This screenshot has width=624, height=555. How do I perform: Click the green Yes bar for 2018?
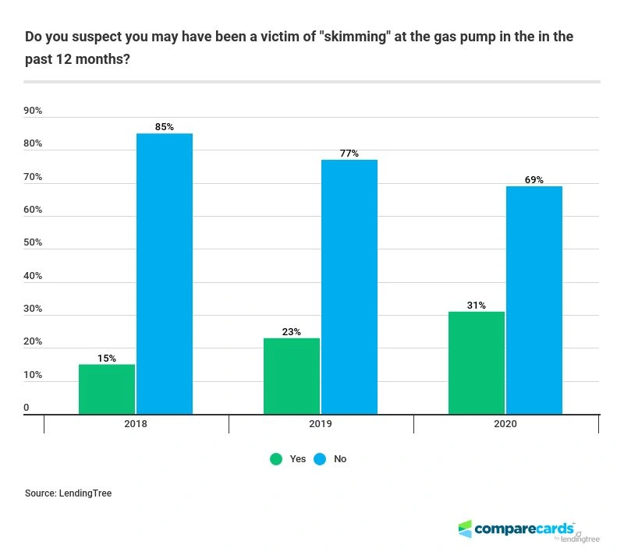[x=107, y=389]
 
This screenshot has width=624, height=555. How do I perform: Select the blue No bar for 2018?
[x=165, y=274]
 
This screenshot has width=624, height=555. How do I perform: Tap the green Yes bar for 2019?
[x=292, y=376]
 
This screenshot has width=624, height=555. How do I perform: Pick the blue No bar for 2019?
[x=349, y=287]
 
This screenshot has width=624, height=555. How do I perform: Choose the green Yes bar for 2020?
[x=477, y=362]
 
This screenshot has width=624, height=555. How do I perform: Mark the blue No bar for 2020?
[x=534, y=300]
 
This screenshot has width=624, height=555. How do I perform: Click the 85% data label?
[x=165, y=127]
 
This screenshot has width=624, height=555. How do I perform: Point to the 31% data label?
[x=477, y=306]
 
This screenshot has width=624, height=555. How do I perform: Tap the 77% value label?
[x=349, y=154]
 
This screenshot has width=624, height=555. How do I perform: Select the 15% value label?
[x=107, y=359]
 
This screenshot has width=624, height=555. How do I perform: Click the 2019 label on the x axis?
[x=321, y=425]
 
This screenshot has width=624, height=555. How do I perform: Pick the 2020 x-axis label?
[x=505, y=425]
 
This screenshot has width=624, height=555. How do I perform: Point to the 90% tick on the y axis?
[x=33, y=111]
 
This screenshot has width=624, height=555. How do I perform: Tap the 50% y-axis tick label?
[x=33, y=243]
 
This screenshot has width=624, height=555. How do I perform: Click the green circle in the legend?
[x=276, y=459]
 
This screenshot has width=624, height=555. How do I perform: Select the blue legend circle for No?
[x=320, y=459]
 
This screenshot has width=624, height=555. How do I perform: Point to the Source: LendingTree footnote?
[x=68, y=493]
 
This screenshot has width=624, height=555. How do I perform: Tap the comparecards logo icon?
[x=466, y=528]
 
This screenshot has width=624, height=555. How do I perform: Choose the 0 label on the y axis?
[x=26, y=408]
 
